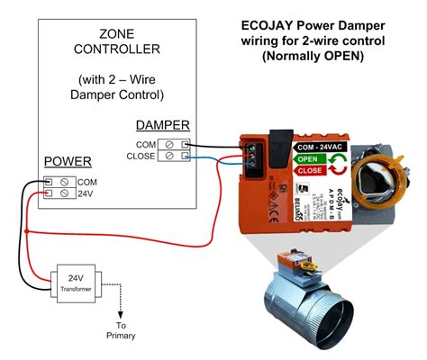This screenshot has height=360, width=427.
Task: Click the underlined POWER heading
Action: [x=68, y=162]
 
